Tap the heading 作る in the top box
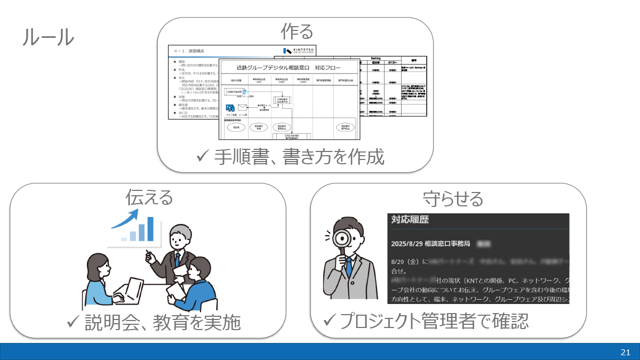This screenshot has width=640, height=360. coord(297,32)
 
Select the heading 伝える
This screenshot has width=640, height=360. coord(149,197)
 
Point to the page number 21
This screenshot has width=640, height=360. coord(626,352)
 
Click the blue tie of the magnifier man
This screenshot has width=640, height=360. coord(349,266)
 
